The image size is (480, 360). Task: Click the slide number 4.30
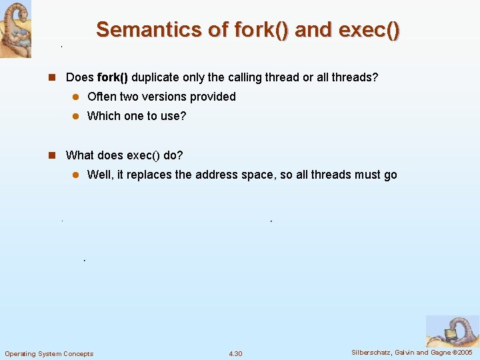(235, 353)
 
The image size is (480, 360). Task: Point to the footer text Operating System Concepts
(49, 353)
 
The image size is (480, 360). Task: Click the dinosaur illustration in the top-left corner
(15, 29)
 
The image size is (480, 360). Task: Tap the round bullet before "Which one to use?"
(76, 116)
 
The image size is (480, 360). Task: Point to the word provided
(215, 97)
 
